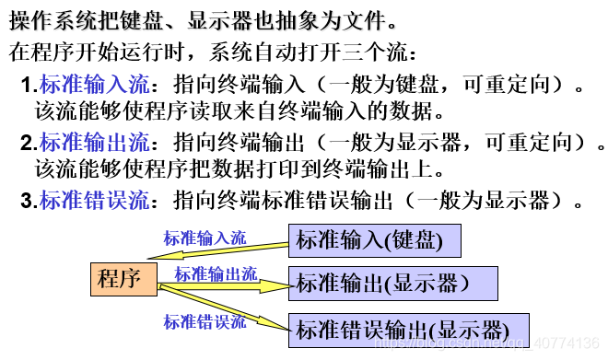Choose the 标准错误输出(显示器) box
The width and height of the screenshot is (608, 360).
coord(410,330)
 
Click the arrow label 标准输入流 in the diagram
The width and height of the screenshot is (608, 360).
coord(205,238)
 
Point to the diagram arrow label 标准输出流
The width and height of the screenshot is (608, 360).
coord(216,274)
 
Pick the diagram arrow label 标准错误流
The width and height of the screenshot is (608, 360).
coord(205,321)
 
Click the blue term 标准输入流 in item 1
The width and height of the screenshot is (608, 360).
coord(93,87)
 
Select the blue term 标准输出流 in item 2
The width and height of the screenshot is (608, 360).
coord(93,144)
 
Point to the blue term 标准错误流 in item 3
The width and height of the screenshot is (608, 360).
coord(93,201)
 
